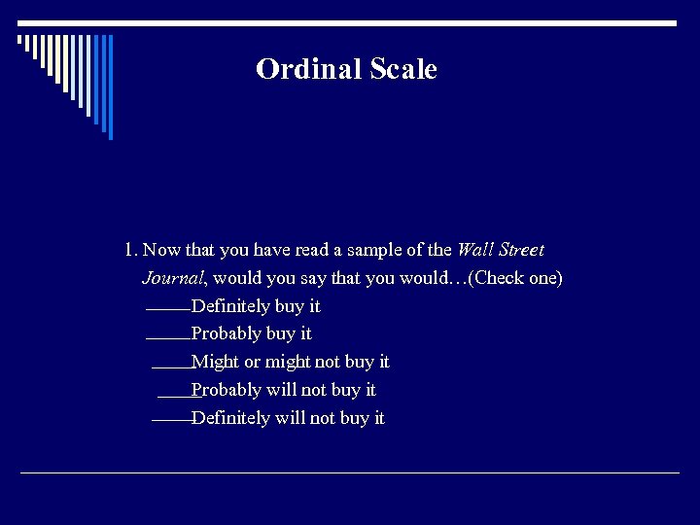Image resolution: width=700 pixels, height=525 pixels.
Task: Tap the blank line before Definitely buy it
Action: pyautogui.click(x=168, y=310)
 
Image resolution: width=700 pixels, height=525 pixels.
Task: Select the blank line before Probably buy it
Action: pyautogui.click(x=168, y=338)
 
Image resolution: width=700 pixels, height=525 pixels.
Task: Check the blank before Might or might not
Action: pyautogui.click(x=172, y=367)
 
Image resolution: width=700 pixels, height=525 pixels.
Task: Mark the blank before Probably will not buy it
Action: pyautogui.click(x=175, y=395)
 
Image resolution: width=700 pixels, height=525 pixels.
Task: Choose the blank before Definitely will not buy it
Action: pyautogui.click(x=172, y=422)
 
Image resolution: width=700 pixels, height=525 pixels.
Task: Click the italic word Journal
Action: pyautogui.click(x=173, y=278)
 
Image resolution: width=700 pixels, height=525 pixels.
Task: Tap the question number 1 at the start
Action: pyautogui.click(x=130, y=250)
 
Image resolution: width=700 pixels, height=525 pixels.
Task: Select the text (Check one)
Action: pyautogui.click(x=515, y=278)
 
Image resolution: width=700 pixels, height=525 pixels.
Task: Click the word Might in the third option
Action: pyautogui.click(x=215, y=362)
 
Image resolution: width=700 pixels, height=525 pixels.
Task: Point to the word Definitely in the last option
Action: pyautogui.click(x=230, y=418)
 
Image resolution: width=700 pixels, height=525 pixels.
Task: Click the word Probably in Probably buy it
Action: pyautogui.click(x=227, y=333)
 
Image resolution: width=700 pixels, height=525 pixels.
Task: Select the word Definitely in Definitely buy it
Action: pyautogui.click(x=230, y=306)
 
